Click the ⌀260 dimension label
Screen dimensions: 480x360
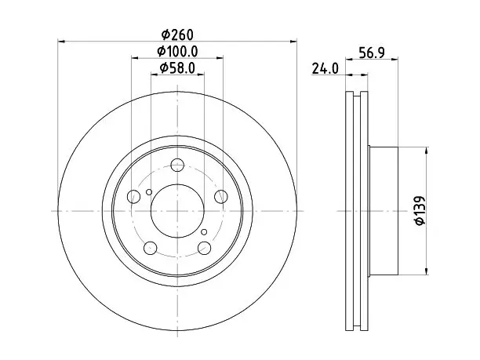click(x=177, y=35)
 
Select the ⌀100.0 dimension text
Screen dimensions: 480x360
click(x=177, y=52)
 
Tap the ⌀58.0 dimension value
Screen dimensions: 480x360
click(x=177, y=68)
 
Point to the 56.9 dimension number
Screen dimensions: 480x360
click(x=372, y=53)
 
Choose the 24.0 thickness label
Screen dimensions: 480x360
click(x=325, y=68)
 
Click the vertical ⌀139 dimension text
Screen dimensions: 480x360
click(x=420, y=211)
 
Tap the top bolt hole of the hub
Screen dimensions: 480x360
click(x=177, y=165)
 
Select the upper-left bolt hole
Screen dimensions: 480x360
click(x=133, y=196)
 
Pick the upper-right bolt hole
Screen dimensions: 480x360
click(x=221, y=196)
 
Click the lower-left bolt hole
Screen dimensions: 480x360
click(x=151, y=248)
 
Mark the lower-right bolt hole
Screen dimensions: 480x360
click(x=205, y=248)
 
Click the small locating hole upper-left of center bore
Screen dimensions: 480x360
click(x=149, y=192)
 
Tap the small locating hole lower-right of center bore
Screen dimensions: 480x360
click(x=204, y=232)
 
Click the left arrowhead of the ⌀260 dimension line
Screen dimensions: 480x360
click(x=61, y=41)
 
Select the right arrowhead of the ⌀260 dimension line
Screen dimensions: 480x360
click(x=293, y=41)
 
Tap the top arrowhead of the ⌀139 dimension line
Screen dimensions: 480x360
click(x=427, y=151)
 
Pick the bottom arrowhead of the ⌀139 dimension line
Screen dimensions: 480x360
click(x=427, y=271)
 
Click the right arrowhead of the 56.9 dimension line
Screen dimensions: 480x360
click(x=395, y=58)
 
